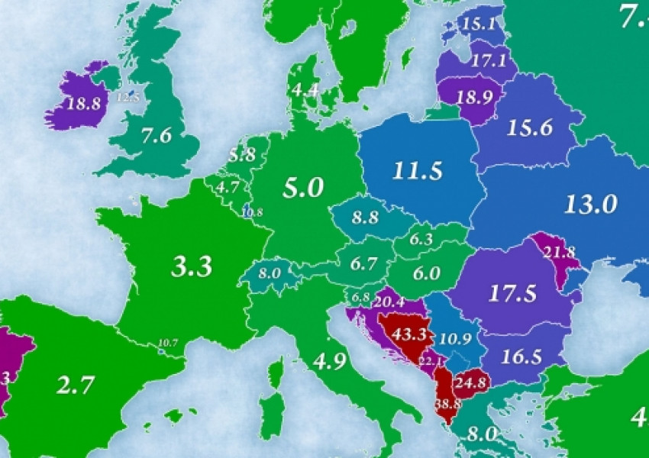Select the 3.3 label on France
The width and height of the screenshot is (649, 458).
pyautogui.click(x=192, y=267)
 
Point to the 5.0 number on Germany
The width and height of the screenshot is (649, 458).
pyautogui.click(x=303, y=187)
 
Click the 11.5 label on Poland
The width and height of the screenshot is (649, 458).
pyautogui.click(x=418, y=171)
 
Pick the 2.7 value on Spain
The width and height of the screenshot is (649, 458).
pyautogui.click(x=76, y=385)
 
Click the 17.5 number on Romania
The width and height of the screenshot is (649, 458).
pyautogui.click(x=509, y=294)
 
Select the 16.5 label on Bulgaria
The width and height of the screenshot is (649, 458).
pyautogui.click(x=521, y=355)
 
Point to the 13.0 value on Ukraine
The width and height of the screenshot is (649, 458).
pyautogui.click(x=590, y=204)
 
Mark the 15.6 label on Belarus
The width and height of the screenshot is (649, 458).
pyautogui.click(x=530, y=128)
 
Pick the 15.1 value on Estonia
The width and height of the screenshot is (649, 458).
pyautogui.click(x=479, y=25)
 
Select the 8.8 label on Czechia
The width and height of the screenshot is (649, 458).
pyautogui.click(x=365, y=217)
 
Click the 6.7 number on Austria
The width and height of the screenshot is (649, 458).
pyautogui.click(x=363, y=264)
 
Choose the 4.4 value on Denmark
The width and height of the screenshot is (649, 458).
pyautogui.click(x=305, y=89)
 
